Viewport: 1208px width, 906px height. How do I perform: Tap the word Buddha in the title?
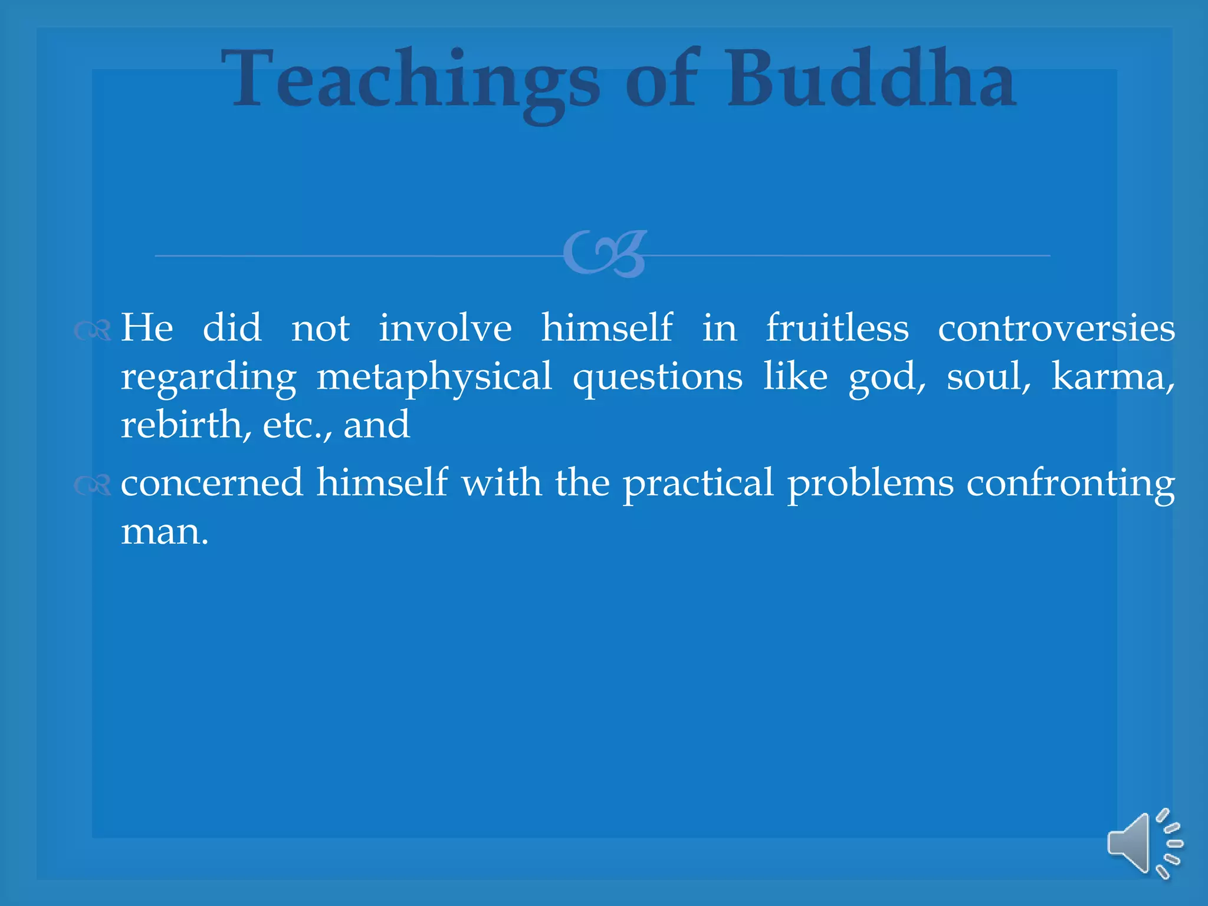(871, 80)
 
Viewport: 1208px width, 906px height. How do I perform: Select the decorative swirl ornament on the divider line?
(605, 254)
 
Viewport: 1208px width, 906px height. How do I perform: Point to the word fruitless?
(837, 328)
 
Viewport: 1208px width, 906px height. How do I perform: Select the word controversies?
(1056, 329)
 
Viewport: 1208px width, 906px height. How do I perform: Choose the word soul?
(988, 376)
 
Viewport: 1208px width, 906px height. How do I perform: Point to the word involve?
(445, 328)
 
